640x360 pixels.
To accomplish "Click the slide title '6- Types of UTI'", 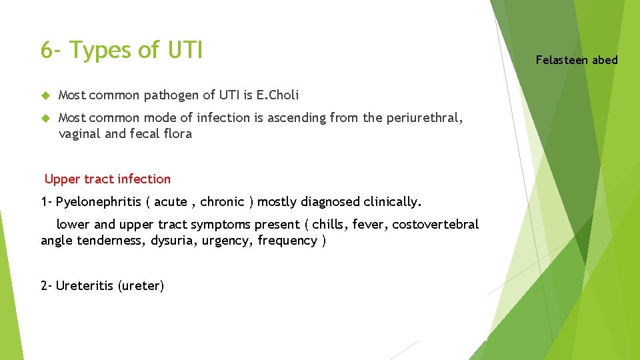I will pyautogui.click(x=121, y=50).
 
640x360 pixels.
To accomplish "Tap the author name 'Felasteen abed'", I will pyautogui.click(x=577, y=60).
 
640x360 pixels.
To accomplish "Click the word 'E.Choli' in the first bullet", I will pyautogui.click(x=277, y=95).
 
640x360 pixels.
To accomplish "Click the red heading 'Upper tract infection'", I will pyautogui.click(x=107, y=179).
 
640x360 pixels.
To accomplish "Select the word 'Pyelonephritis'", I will pyautogui.click(x=98, y=201).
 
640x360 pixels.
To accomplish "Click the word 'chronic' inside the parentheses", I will pyautogui.click(x=222, y=201).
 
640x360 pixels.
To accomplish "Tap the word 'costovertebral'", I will pyautogui.click(x=435, y=225).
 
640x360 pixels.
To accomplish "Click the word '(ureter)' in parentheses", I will pyautogui.click(x=141, y=286).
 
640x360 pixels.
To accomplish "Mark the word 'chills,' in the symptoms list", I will pyautogui.click(x=331, y=225).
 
